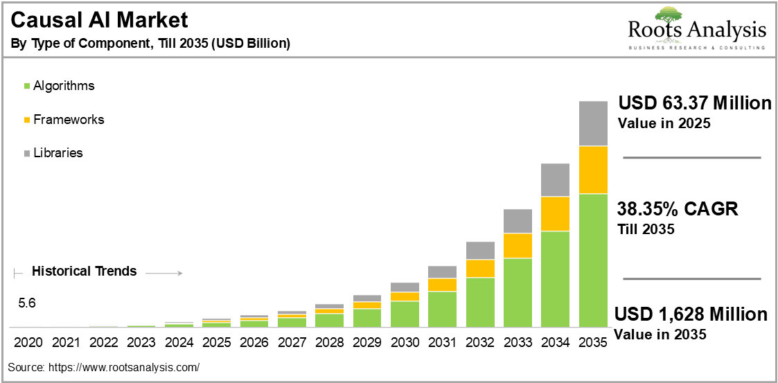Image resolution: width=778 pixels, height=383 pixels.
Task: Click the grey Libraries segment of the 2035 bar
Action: point(593,123)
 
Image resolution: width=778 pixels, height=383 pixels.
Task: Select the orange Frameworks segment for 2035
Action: point(593,170)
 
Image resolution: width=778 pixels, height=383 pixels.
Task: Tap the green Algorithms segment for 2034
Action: point(555,279)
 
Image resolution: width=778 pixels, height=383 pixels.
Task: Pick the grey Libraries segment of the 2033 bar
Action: point(518,221)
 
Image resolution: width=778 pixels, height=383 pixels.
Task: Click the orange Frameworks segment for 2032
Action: point(480,269)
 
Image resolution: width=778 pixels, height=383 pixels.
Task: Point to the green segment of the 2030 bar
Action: point(405,314)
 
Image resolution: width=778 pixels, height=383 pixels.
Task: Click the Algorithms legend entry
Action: point(59,86)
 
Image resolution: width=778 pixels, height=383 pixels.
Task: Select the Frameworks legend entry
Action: point(64,120)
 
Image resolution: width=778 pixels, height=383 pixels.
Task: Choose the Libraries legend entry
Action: point(53,153)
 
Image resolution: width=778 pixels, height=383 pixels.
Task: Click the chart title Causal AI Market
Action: point(99,21)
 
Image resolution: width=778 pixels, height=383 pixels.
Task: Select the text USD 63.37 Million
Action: point(695,105)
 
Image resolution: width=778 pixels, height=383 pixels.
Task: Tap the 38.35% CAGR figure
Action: point(678,210)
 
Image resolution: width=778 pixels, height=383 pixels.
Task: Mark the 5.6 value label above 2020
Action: point(27,303)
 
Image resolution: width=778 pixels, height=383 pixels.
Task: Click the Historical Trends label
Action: point(84,271)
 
